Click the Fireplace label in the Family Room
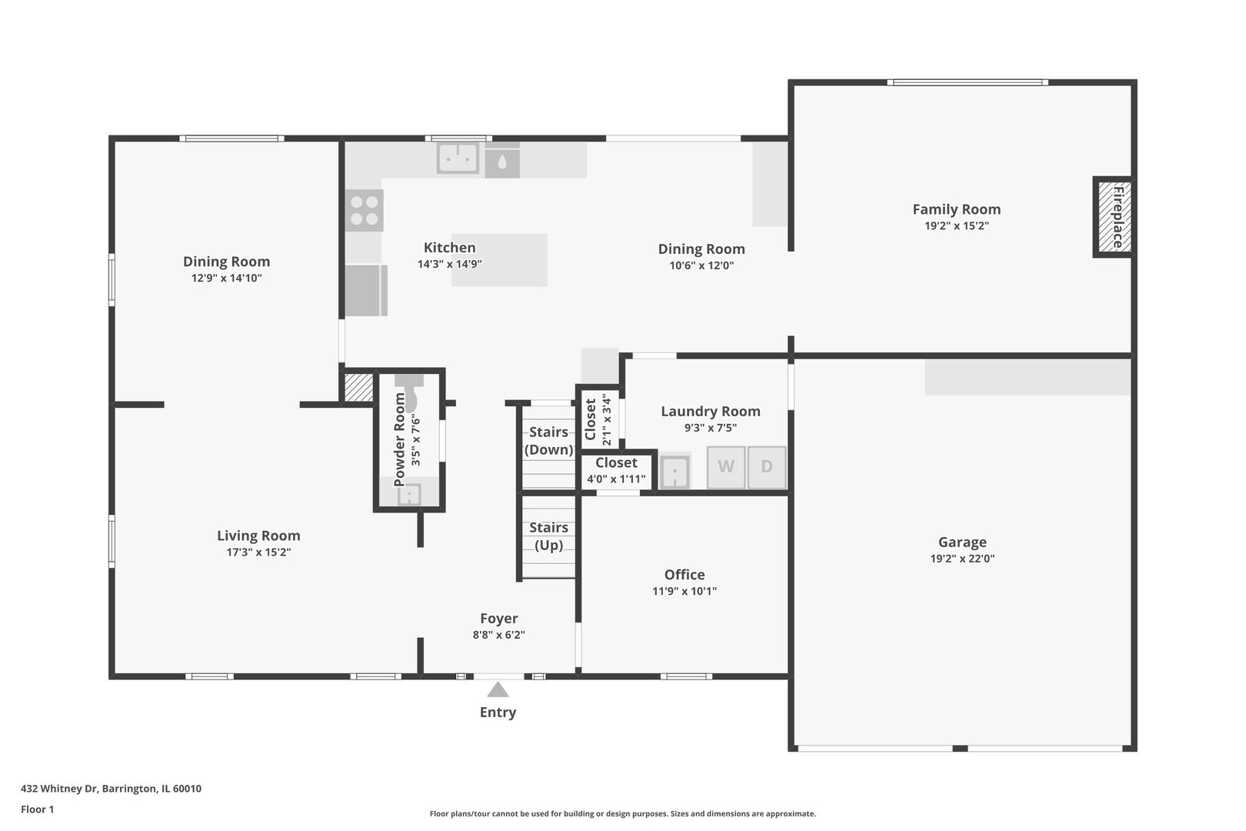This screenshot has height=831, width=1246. click(1118, 217)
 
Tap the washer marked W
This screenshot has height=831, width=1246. click(726, 467)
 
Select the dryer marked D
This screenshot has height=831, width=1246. click(767, 467)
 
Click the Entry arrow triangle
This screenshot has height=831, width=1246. click(498, 689)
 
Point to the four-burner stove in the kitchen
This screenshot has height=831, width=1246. click(365, 210)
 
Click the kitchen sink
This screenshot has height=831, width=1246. click(458, 158)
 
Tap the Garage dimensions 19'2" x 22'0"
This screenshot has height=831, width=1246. click(962, 559)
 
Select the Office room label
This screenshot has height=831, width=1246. click(685, 575)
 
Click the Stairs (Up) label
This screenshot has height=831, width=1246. click(548, 536)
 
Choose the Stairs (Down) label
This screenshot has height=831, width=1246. click(548, 440)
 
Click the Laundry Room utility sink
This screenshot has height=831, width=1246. click(675, 472)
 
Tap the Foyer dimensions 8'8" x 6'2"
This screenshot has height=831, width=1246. click(499, 635)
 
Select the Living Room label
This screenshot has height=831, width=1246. click(258, 536)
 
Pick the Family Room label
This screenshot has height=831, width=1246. click(957, 209)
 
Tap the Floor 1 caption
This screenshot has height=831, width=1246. click(37, 809)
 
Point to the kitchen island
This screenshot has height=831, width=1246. click(499, 260)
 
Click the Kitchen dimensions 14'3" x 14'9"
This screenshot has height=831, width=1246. click(449, 264)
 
